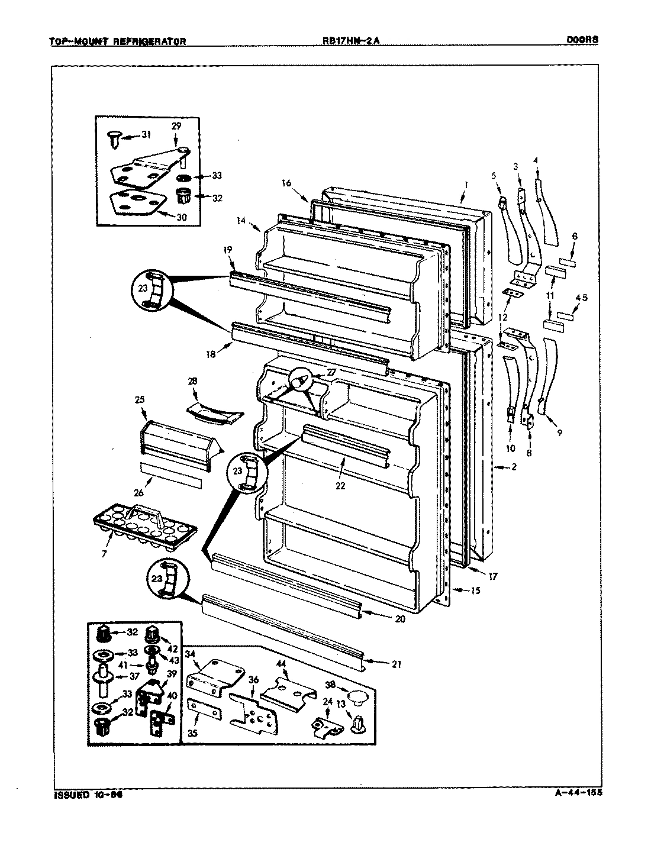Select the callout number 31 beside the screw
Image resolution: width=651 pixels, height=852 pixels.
[146, 135]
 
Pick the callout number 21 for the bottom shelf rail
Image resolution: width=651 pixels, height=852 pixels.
[395, 664]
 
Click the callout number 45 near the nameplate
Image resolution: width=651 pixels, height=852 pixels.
[582, 298]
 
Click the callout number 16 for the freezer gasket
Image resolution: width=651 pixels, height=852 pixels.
[286, 183]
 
